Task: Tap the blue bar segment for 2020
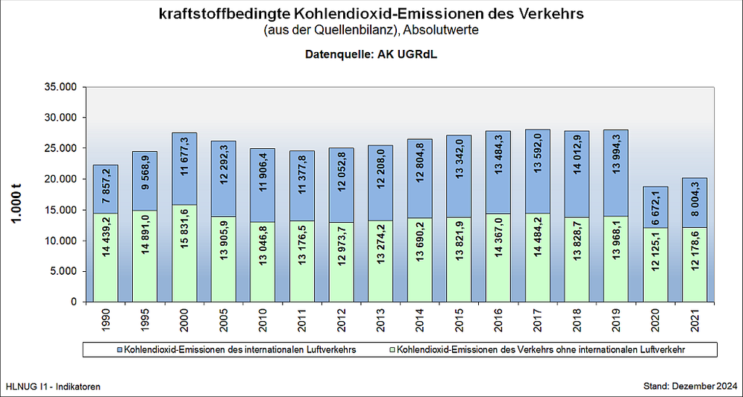(x=656, y=207)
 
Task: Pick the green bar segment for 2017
(x=538, y=257)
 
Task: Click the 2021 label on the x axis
(x=695, y=319)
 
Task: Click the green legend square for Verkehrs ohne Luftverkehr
(x=392, y=349)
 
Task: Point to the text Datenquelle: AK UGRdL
(x=371, y=55)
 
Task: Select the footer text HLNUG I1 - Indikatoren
(x=52, y=387)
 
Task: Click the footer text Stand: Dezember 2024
(x=690, y=387)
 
